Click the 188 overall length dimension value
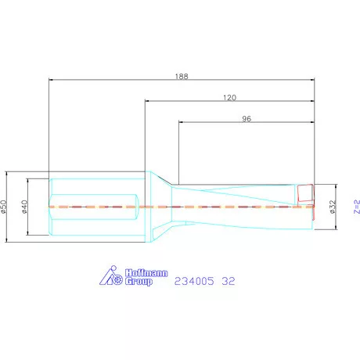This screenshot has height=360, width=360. point(182,76)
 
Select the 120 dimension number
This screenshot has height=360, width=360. point(229,98)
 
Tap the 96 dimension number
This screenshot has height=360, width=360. point(247,119)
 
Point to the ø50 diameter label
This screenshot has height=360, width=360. point(3,207)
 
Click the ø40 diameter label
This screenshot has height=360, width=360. point(24,207)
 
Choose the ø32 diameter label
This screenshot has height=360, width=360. point(333,207)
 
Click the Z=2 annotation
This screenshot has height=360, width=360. point(357,207)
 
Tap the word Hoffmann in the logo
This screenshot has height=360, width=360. point(146,273)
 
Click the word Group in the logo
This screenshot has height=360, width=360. point(139,282)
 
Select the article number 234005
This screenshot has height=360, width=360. point(194,281)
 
